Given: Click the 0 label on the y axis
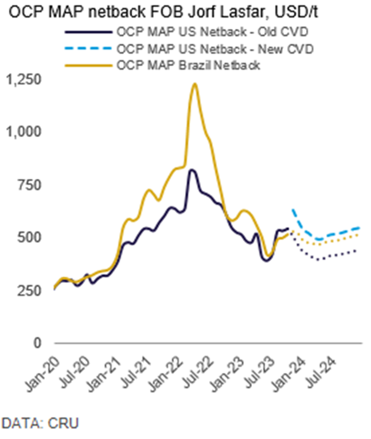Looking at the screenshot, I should pos(37,343).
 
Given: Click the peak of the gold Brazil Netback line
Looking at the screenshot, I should pos(194,83).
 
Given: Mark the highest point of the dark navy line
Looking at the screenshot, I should pos(192,170).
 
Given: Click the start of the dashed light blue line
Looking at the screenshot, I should pos(293,210).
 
